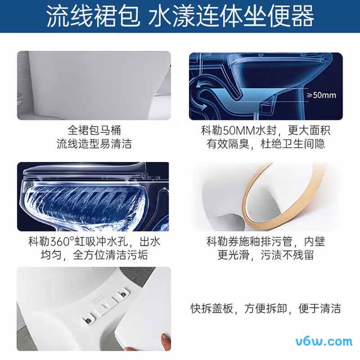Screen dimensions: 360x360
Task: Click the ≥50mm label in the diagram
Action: pyautogui.click(x=321, y=95)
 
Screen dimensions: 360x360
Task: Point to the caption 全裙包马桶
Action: pyautogui.click(x=94, y=130)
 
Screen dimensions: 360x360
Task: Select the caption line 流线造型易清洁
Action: pyautogui.click(x=94, y=144)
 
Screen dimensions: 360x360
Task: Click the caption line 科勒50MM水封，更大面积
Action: pyautogui.click(x=265, y=130)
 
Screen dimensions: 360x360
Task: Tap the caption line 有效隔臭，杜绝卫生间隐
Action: pyautogui.click(x=265, y=144)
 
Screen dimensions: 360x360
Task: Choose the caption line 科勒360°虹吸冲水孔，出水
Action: pyautogui.click(x=94, y=242)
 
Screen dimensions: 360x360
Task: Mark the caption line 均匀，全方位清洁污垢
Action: pyautogui.click(x=94, y=255)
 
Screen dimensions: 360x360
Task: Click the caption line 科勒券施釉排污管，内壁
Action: pyautogui.click(x=265, y=242)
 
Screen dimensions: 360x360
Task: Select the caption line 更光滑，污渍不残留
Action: pyautogui.click(x=265, y=255)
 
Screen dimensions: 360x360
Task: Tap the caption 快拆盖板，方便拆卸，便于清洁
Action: pyautogui.click(x=265, y=309)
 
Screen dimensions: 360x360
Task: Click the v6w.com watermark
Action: pyautogui.click(x=324, y=341)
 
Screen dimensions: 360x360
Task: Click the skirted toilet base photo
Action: pyautogui.click(x=94, y=85)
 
